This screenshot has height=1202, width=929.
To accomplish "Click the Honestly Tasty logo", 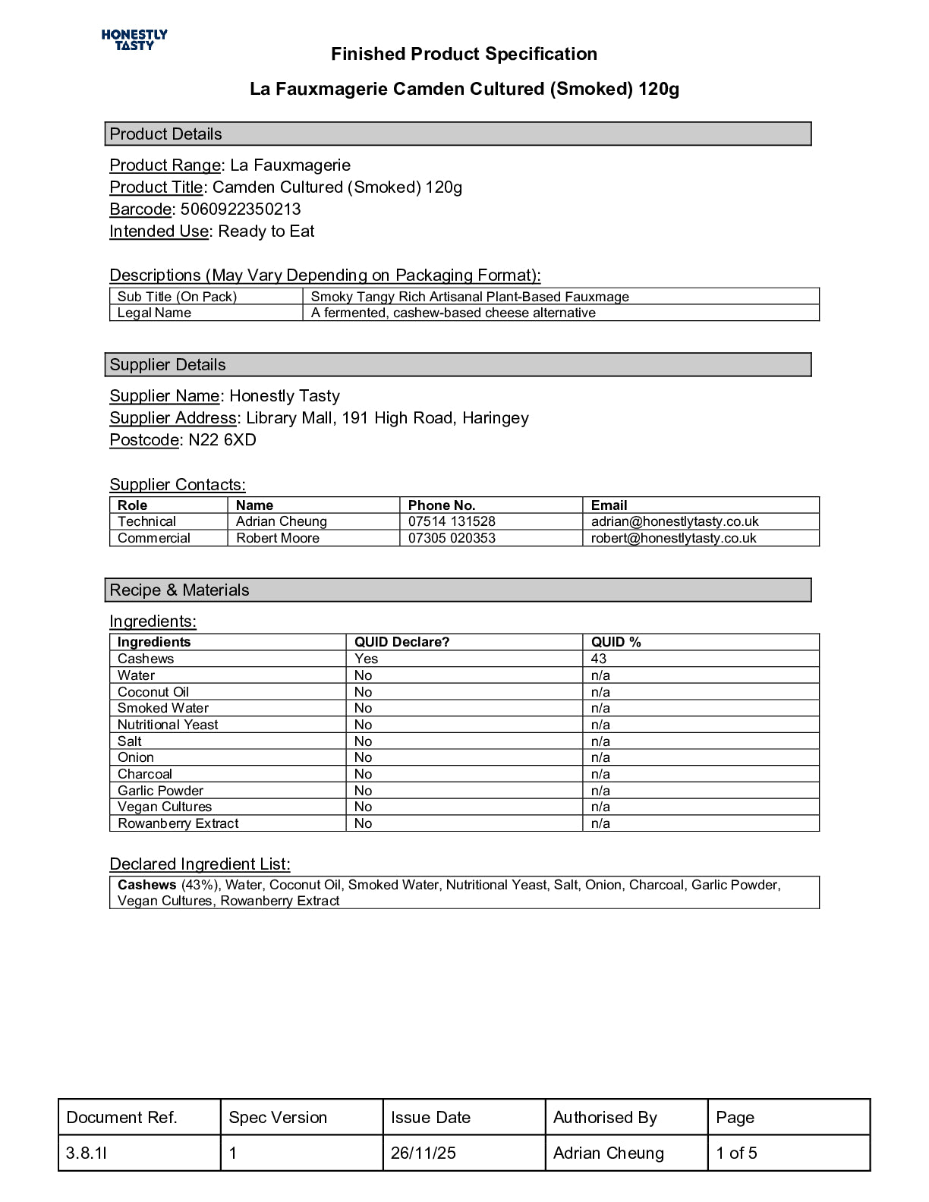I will (x=134, y=39).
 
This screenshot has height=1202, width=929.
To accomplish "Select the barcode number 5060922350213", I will (x=241, y=209).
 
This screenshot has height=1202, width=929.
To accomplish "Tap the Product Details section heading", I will (x=166, y=134).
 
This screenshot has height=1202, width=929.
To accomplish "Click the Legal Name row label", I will (x=154, y=313).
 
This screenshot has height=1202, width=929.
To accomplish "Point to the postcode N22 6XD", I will (x=222, y=440).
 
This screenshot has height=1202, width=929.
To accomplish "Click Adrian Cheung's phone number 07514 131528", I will (x=452, y=521).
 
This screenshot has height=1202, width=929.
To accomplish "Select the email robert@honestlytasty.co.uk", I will (x=674, y=538).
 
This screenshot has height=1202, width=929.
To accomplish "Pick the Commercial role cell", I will (x=154, y=538).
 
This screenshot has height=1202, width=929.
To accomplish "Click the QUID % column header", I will (x=616, y=642).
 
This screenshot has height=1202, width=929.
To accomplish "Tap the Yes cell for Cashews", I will (x=366, y=659).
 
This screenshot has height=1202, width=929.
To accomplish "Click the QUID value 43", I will (x=599, y=659).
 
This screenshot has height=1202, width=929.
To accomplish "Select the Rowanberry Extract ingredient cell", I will (x=178, y=823).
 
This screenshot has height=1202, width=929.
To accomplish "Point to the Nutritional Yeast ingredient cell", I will (x=168, y=725).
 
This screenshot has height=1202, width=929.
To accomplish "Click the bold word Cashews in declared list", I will (x=146, y=885).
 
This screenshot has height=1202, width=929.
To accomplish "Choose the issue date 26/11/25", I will (x=424, y=1153).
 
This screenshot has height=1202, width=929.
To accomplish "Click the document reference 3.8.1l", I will (x=87, y=1153).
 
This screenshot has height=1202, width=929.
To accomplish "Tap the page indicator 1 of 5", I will (x=736, y=1153).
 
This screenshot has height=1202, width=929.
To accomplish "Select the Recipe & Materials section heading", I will (x=179, y=590).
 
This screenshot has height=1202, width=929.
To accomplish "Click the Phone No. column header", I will (x=442, y=505).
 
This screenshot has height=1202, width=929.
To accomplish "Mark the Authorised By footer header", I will (x=605, y=1117).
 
